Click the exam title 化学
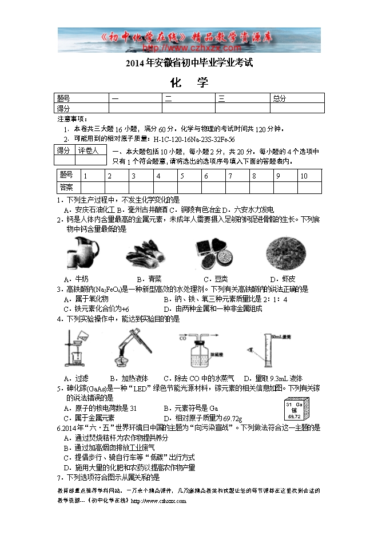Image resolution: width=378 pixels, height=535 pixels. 189,82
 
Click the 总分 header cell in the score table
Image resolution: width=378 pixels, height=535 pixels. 280,98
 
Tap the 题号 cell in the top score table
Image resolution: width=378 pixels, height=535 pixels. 63,98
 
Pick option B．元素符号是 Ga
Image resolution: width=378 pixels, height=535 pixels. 191,408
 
